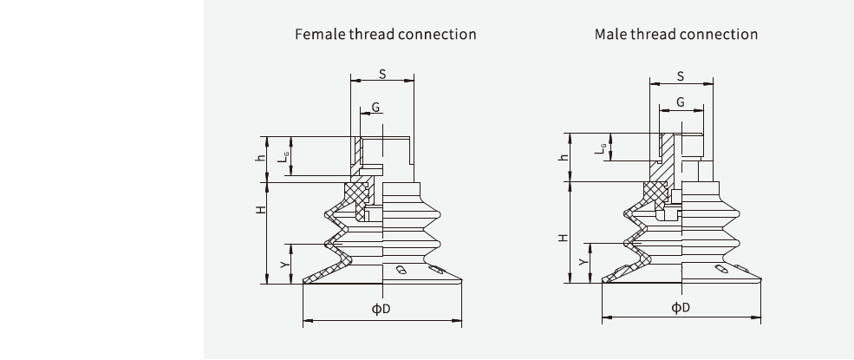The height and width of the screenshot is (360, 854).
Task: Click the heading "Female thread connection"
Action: tap(386, 35)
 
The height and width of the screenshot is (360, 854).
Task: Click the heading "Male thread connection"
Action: tap(676, 35)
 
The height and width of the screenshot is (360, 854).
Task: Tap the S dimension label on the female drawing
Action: tap(382, 74)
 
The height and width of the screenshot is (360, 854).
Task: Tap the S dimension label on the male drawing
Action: tap(681, 76)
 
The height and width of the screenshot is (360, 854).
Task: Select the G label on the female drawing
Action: tap(375, 107)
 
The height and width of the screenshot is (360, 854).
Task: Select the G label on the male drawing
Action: tap(681, 102)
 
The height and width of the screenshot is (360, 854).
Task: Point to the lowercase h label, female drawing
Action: tap(259, 159)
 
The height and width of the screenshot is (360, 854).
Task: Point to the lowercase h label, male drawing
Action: tap(561, 157)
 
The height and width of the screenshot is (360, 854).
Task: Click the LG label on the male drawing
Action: tap(598, 147)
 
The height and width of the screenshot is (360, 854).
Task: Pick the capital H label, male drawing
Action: tap(561, 236)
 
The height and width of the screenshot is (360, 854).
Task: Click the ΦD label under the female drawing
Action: tap(381, 310)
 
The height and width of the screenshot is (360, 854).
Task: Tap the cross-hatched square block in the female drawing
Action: tap(355, 192)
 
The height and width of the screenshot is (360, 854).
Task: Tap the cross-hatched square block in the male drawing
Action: tap(655, 193)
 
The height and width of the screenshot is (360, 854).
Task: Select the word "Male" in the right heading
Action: tap(611, 35)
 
